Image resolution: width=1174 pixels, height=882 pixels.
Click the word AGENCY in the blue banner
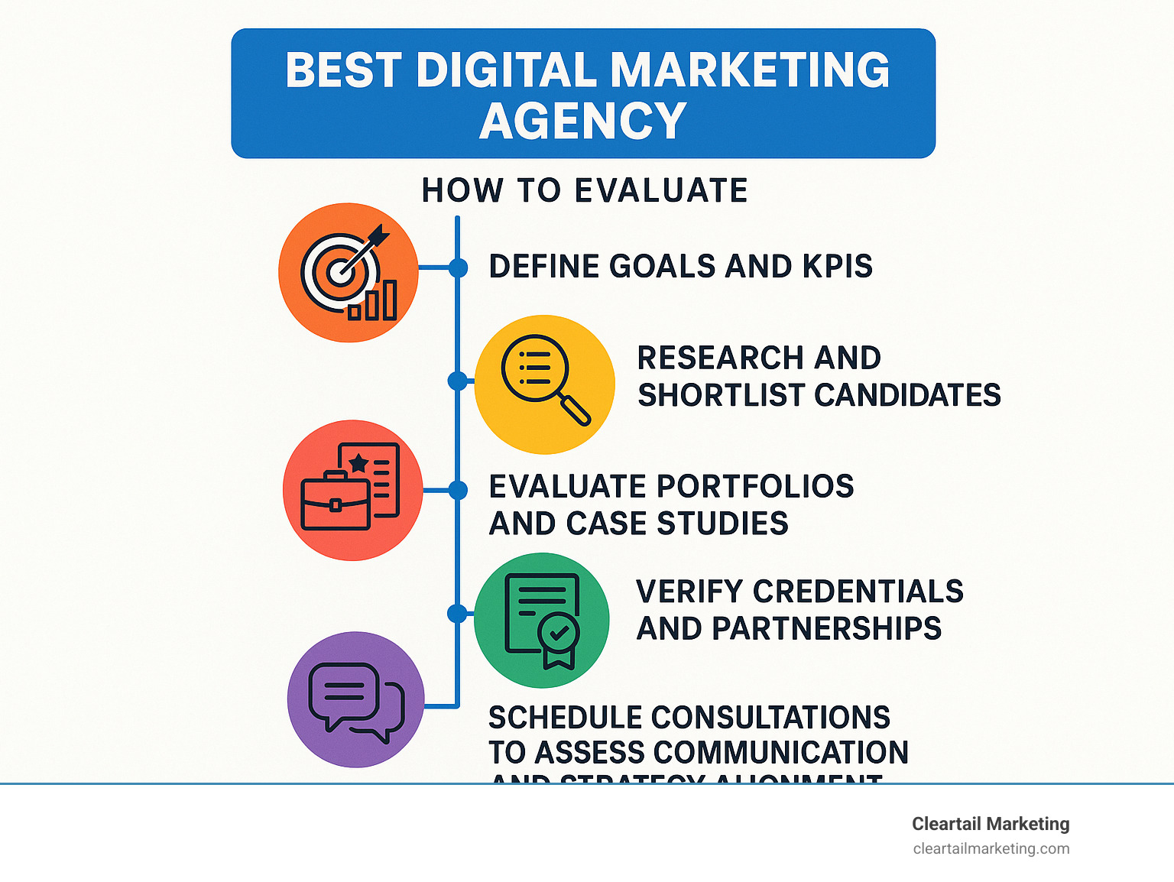pos(583,121)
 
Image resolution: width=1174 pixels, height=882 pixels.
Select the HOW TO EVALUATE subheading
pos(585,190)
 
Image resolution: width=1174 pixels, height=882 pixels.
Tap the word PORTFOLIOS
pos(755,486)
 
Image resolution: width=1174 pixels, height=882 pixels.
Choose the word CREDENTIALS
pos(858,591)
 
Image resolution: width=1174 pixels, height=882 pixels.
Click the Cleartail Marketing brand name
pos(991,824)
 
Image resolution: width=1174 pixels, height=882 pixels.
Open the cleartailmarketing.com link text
pos(991,848)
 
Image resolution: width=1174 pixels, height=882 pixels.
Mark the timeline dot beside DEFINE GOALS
pos(458,268)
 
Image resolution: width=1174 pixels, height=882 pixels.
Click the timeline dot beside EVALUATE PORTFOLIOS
pos(458,490)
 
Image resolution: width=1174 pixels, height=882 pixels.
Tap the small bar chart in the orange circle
pos(373,300)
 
